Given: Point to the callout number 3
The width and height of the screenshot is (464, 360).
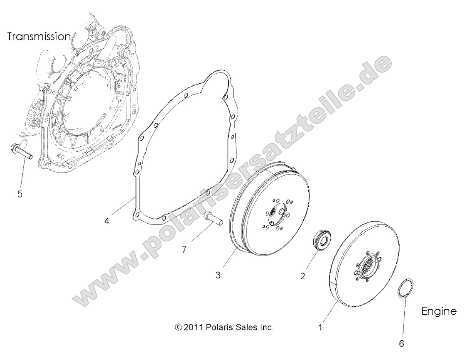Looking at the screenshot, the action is [x=218, y=275].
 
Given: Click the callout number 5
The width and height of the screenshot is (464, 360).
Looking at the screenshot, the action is [x=20, y=194].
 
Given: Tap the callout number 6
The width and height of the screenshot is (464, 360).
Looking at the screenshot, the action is [x=401, y=343].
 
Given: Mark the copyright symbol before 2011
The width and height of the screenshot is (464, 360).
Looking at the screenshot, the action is [x=178, y=328].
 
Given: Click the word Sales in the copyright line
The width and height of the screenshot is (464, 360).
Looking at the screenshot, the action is [x=246, y=328].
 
